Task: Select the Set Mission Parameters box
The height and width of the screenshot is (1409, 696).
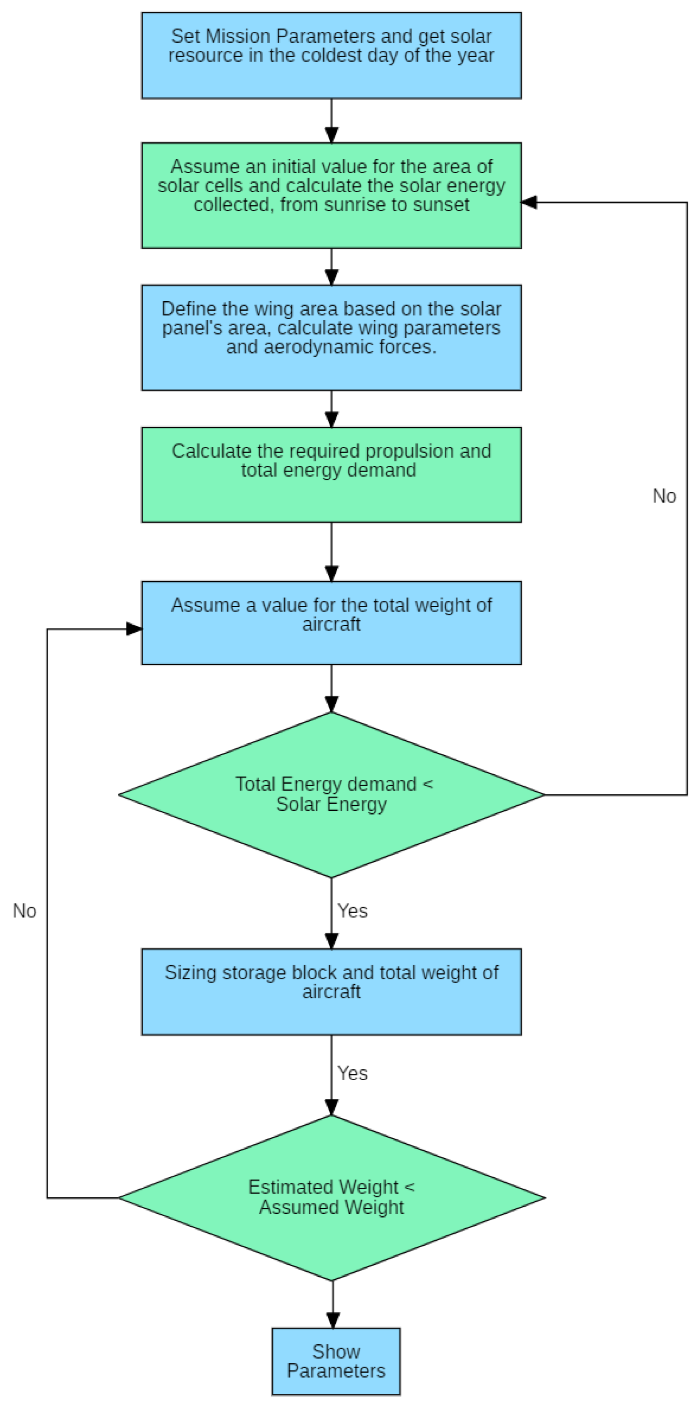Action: (331, 55)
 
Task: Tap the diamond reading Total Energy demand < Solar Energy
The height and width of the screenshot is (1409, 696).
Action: (331, 794)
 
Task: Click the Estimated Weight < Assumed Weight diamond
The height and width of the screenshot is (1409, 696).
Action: (331, 1198)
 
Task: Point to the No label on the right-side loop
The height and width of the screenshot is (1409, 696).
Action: (664, 496)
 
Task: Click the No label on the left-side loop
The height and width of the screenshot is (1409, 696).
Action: (25, 911)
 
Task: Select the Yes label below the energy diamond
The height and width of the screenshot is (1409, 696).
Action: (352, 911)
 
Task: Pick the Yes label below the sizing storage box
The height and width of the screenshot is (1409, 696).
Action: (352, 1073)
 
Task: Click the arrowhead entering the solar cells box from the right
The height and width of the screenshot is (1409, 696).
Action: (529, 202)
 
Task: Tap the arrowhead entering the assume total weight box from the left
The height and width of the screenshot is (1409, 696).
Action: (134, 629)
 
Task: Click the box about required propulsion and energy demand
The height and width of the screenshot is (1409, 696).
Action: (331, 475)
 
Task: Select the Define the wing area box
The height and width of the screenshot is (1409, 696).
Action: (331, 337)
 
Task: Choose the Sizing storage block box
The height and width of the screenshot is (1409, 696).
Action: (331, 992)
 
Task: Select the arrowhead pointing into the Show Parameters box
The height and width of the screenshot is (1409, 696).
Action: (333, 1320)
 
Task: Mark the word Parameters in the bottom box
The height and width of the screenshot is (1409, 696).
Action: (336, 1371)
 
